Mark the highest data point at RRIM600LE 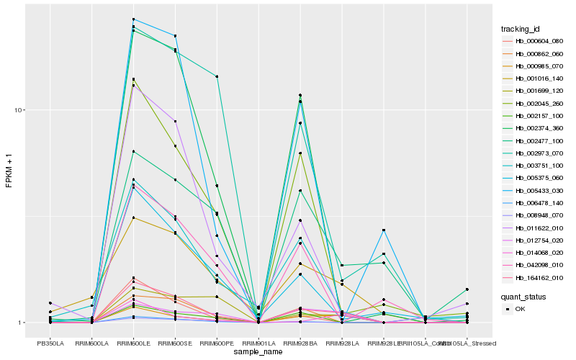tap(134, 19)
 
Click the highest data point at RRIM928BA tap(300, 95)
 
